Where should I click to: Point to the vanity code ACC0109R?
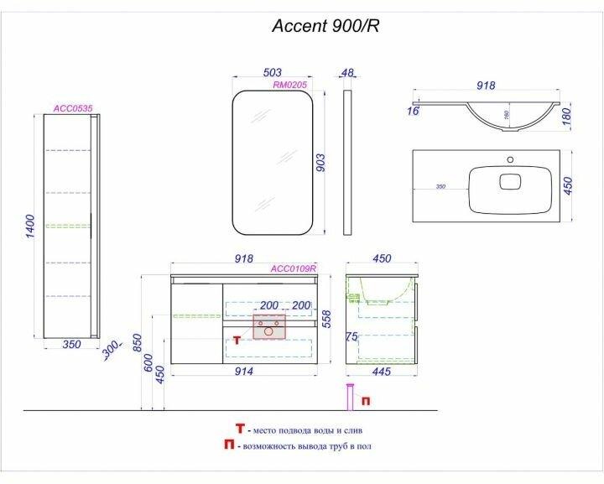click(x=293, y=269)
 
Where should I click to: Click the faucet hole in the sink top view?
click(x=509, y=158)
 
